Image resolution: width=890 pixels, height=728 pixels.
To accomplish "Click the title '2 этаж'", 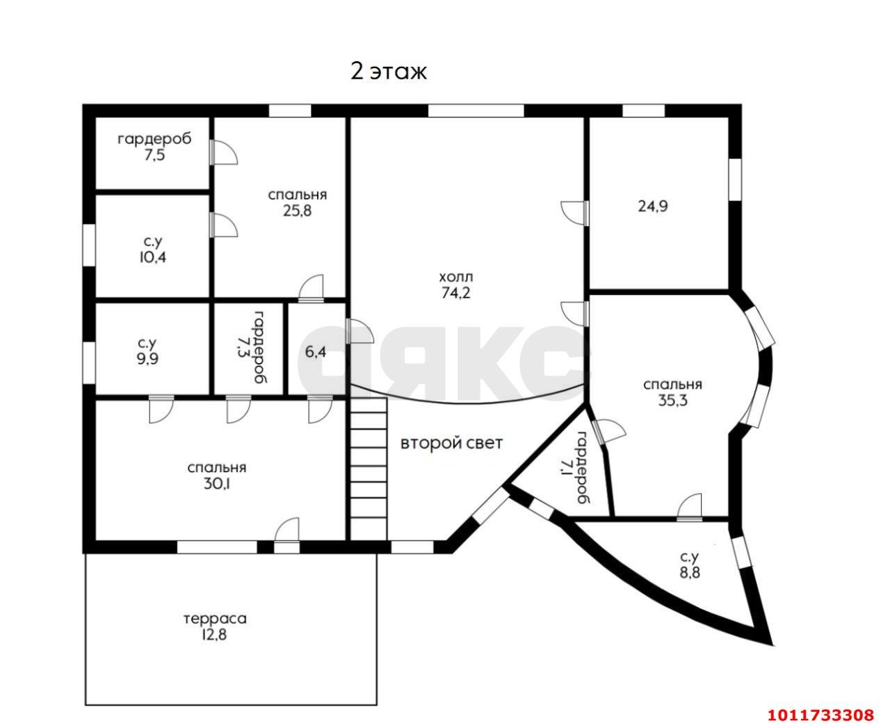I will (388, 72).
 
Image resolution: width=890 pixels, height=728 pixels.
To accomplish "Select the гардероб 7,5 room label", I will (154, 147).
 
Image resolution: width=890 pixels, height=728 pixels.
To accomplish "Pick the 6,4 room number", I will (315, 352).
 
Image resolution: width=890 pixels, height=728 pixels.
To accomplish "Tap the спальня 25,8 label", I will (297, 202).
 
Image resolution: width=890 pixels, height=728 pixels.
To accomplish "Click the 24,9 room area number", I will (653, 206).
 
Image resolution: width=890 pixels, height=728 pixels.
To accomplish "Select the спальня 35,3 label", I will (672, 392).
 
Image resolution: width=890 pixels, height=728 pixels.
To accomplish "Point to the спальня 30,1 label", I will (217, 476).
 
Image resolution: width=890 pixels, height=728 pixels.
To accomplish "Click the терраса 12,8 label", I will (215, 626).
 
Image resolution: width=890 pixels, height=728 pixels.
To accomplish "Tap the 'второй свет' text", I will (451, 443).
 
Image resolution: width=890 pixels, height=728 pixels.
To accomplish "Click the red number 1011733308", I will (820, 714).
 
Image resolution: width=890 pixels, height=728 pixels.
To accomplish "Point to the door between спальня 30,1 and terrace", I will (286, 533).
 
